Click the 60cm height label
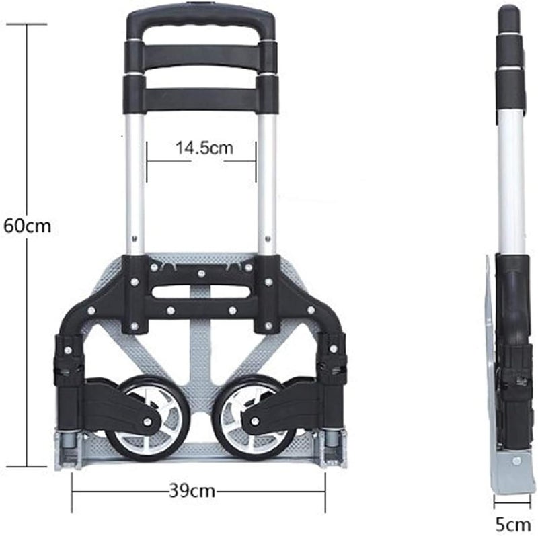click(27, 226)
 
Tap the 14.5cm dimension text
click(204, 148)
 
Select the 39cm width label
click(192, 492)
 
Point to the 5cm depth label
click(513, 525)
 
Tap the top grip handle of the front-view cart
click(201, 26)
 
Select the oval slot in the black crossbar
click(201, 292)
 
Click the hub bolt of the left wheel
click(147, 422)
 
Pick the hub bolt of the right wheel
click(255, 421)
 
